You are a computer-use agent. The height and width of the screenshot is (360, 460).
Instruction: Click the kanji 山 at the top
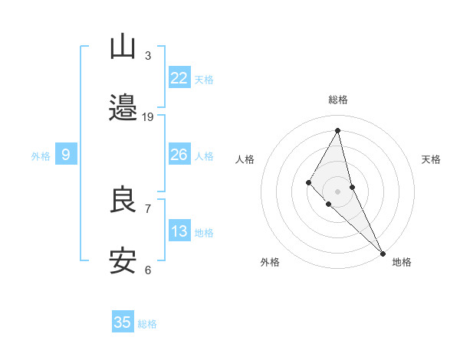[123, 47]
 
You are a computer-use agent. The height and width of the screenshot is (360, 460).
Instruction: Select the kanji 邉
[123, 108]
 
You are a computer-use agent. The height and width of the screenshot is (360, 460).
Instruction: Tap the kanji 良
[123, 201]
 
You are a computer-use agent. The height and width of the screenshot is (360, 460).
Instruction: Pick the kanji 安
[123, 261]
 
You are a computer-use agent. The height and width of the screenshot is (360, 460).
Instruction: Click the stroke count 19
[148, 116]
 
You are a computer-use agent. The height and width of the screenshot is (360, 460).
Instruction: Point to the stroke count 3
[148, 56]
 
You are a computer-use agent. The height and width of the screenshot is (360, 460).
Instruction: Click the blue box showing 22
[179, 78]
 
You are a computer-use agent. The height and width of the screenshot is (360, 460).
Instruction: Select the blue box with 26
[179, 155]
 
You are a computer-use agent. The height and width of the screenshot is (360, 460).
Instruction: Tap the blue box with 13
[179, 231]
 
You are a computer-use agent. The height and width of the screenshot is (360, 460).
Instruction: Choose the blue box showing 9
[66, 155]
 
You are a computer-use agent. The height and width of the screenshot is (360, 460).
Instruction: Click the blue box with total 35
[123, 322]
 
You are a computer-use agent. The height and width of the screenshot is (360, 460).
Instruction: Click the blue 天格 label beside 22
[204, 79]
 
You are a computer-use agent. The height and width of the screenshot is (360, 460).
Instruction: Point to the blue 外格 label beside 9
[41, 155]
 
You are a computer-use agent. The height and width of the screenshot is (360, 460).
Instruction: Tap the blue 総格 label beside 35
[147, 323]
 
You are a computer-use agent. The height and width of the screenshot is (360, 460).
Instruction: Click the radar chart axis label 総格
[337, 100]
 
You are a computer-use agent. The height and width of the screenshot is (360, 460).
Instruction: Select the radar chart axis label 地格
[402, 262]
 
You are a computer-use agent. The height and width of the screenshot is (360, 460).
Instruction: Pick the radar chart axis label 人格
[245, 159]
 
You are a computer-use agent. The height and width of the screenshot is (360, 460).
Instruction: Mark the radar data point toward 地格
[382, 253]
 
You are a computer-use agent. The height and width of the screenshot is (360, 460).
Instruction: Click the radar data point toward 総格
[337, 129]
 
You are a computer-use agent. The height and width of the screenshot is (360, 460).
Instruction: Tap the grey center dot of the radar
[337, 191]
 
